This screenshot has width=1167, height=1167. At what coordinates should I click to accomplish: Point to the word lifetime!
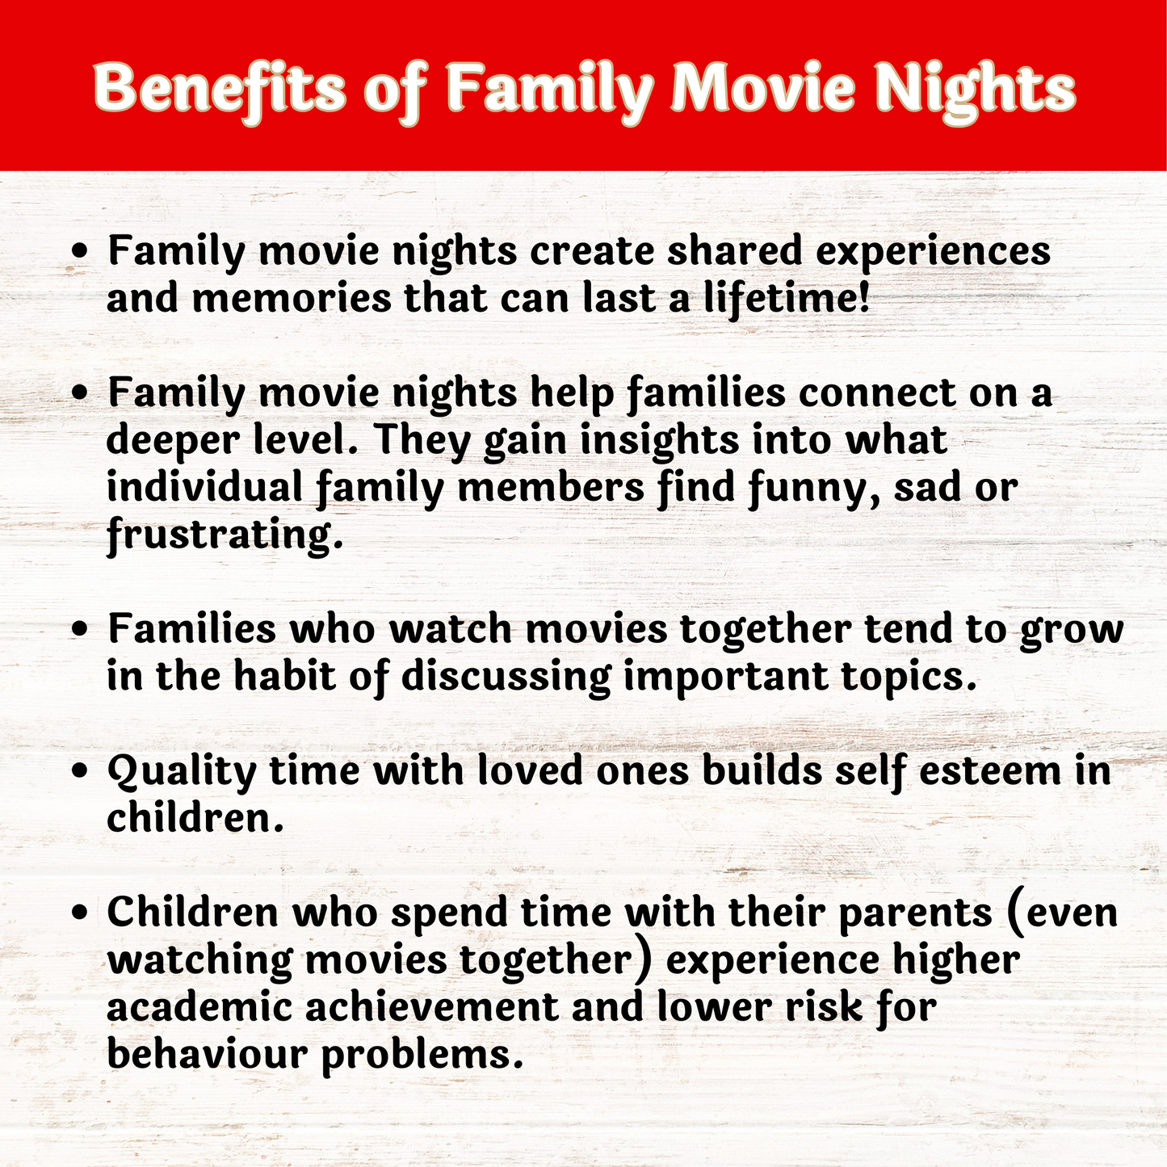[787, 299]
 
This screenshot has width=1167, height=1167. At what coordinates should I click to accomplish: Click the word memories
[292, 299]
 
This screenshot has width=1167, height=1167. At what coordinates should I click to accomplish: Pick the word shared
[735, 250]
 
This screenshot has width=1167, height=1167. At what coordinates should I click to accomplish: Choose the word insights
[660, 441]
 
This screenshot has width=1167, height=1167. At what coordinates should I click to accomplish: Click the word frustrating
[225, 535]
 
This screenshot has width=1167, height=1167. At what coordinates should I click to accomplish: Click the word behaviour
[208, 1055]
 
